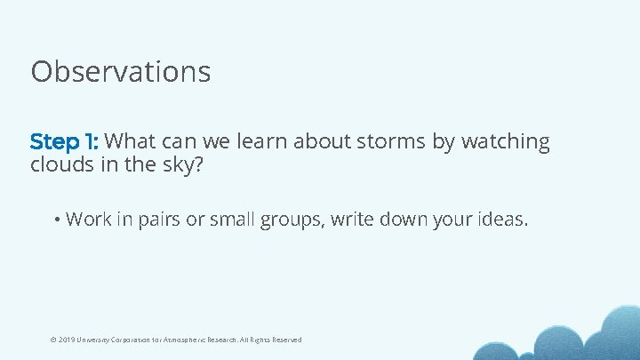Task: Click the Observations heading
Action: click(121, 71)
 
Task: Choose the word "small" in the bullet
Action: click(231, 219)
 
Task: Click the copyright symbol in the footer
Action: click(52, 340)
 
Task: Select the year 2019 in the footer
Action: click(67, 340)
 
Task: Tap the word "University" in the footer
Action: click(95, 340)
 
